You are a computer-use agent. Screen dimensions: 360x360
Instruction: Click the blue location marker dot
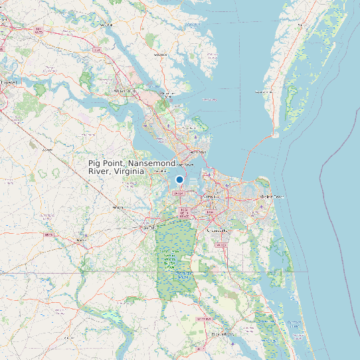point(179,179)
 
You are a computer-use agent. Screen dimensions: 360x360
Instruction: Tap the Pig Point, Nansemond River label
point(132,167)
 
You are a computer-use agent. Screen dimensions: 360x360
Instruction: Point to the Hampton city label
point(199,152)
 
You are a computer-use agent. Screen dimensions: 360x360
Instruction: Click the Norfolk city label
point(211,197)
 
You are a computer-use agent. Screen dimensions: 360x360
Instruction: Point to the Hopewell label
point(9,82)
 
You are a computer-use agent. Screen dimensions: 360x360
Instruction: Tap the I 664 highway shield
point(177,193)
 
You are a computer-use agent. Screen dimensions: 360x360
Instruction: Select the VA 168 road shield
point(221,245)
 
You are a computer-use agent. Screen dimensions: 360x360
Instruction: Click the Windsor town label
point(118,207)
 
